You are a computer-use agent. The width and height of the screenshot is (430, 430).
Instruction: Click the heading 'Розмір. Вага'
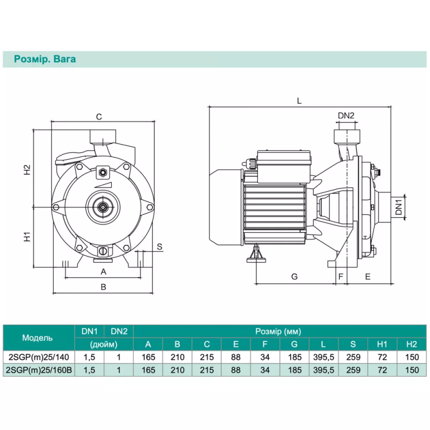pos(45,59)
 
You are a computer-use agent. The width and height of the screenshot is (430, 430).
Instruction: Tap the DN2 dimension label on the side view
pos(346,116)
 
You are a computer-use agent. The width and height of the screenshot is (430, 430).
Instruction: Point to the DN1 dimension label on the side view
pos(398,207)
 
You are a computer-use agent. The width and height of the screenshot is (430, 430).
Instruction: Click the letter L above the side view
pos(299,101)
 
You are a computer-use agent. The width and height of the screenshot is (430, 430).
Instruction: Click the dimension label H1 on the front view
pos(27,236)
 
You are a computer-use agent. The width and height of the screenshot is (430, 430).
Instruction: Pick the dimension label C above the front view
pos(99,117)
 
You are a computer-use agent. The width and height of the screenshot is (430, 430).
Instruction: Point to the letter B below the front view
pos(104,287)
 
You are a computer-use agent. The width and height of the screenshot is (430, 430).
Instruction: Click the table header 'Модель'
pos(38,338)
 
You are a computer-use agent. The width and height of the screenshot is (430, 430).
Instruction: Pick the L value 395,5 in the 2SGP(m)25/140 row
pos(324,356)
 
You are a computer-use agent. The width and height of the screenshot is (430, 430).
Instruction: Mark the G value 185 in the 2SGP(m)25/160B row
pos(294,370)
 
